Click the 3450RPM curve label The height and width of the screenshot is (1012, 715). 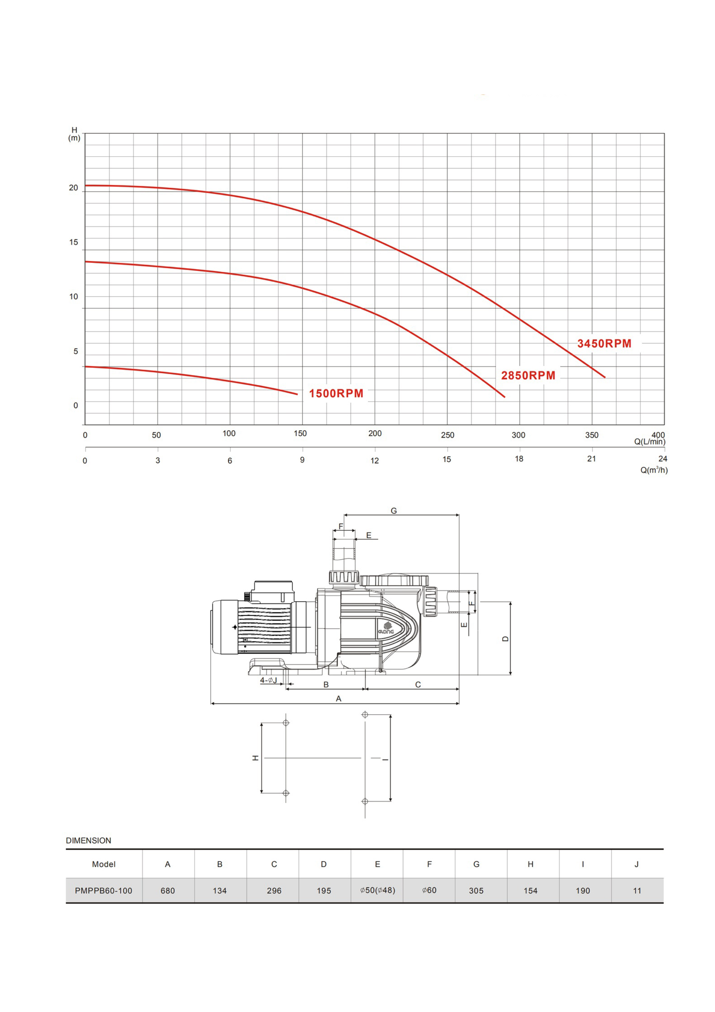[604, 343]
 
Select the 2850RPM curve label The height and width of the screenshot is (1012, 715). [528, 375]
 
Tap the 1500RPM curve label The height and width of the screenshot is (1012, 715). [336, 394]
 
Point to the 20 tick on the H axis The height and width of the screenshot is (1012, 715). [74, 188]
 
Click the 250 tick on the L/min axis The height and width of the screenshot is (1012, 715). [447, 435]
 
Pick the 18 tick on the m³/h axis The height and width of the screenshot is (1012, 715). [519, 459]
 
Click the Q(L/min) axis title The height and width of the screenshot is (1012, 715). [650, 442]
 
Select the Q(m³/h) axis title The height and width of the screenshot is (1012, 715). [654, 470]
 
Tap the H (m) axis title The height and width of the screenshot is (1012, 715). [74, 134]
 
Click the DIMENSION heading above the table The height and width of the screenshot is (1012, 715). [89, 840]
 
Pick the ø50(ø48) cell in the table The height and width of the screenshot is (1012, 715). [378, 890]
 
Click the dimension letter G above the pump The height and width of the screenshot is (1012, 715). [394, 510]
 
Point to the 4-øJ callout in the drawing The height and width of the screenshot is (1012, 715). [268, 680]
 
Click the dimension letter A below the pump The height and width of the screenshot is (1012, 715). [338, 698]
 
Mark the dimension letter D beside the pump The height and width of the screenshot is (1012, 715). [505, 639]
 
